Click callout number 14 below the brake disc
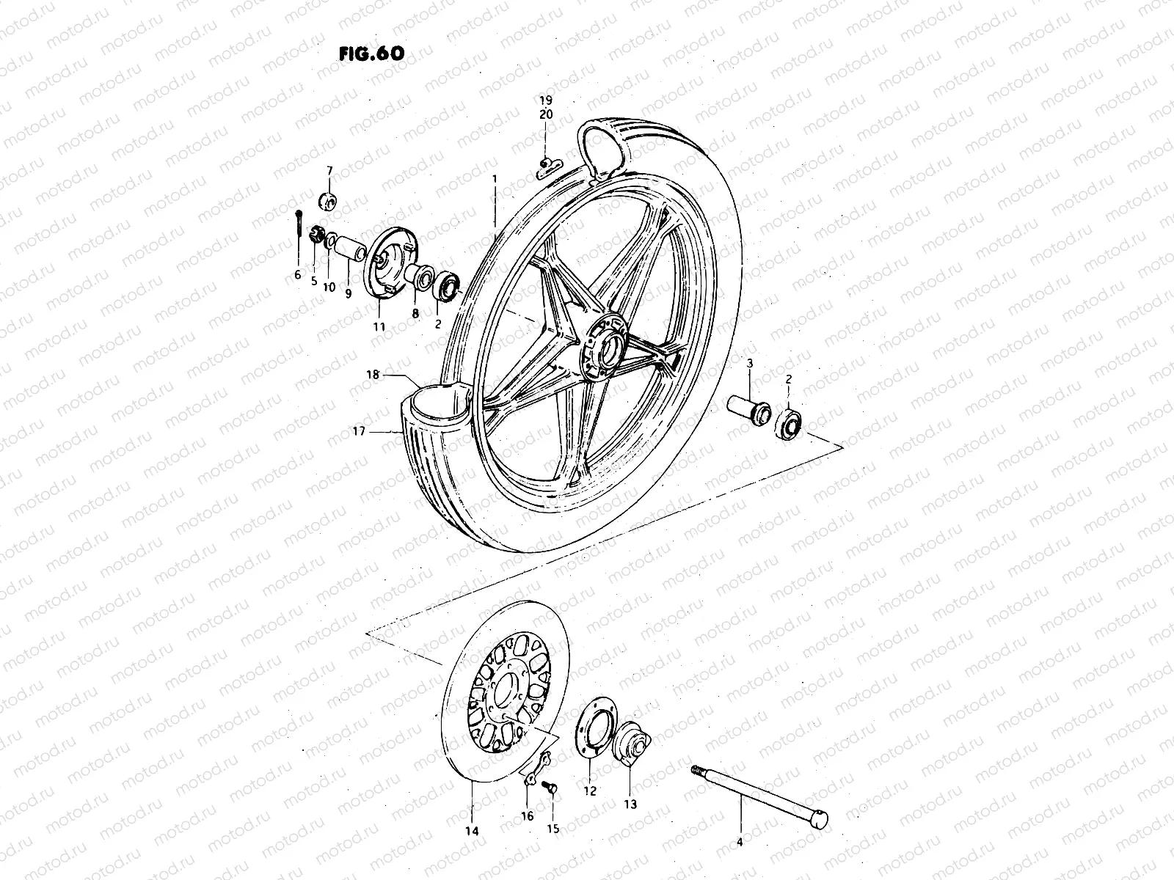pyautogui.click(x=471, y=831)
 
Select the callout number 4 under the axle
pyautogui.click(x=740, y=863)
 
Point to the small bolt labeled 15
pyautogui.click(x=550, y=786)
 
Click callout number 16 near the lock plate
pyautogui.click(x=527, y=815)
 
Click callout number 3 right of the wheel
pyautogui.click(x=751, y=364)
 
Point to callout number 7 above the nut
pyautogui.click(x=329, y=170)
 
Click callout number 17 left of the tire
pyautogui.click(x=359, y=433)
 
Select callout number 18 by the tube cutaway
pyautogui.click(x=373, y=375)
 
